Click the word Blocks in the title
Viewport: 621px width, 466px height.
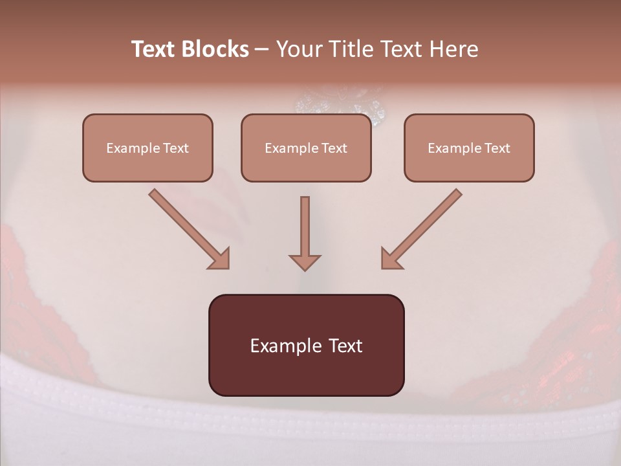click(x=217, y=49)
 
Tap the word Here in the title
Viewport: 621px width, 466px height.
click(x=454, y=49)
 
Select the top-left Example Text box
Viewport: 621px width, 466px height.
click(x=147, y=148)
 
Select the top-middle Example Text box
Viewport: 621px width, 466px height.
click(x=306, y=148)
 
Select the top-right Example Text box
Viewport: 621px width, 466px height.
click(x=469, y=148)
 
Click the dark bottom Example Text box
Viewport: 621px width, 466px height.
click(x=306, y=345)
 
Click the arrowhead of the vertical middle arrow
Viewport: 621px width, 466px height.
click(x=305, y=261)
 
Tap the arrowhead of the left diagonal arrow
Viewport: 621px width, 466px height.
click(x=220, y=259)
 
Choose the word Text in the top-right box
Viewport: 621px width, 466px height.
click(x=497, y=148)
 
